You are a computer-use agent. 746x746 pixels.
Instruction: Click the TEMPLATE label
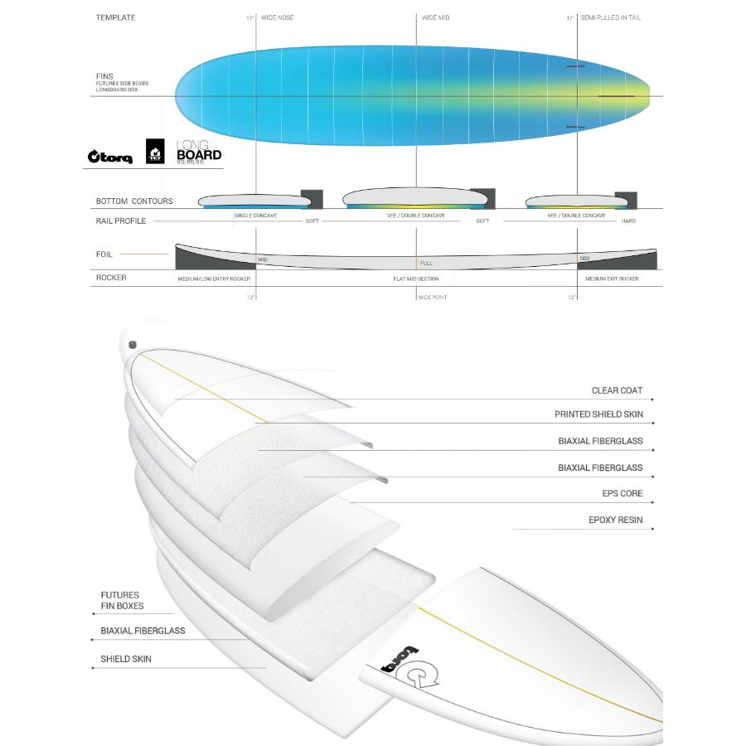115,17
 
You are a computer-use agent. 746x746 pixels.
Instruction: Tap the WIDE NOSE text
277,17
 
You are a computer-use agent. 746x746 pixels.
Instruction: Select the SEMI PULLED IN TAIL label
610,17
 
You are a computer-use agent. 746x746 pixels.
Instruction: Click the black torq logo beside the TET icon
110,157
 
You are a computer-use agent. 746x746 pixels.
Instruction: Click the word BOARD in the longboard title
199,154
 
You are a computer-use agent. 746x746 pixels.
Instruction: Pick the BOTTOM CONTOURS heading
134,201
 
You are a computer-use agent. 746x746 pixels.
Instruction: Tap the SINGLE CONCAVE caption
255,216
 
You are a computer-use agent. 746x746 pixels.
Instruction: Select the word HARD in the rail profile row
628,221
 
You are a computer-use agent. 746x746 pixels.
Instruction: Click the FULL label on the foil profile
426,263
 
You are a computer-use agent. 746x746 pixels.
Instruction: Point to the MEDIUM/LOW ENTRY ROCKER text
214,279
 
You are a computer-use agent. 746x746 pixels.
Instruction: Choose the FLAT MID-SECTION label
416,279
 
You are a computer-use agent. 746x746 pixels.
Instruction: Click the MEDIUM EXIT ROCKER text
612,279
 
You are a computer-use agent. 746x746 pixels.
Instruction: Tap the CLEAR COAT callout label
617,390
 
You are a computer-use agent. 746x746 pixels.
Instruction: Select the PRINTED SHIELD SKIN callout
598,414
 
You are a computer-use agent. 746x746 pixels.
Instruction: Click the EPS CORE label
622,493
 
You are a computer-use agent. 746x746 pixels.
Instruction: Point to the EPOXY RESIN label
615,521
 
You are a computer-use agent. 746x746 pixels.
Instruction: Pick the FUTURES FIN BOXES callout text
122,600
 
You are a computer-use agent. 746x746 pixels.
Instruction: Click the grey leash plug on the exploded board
132,345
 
